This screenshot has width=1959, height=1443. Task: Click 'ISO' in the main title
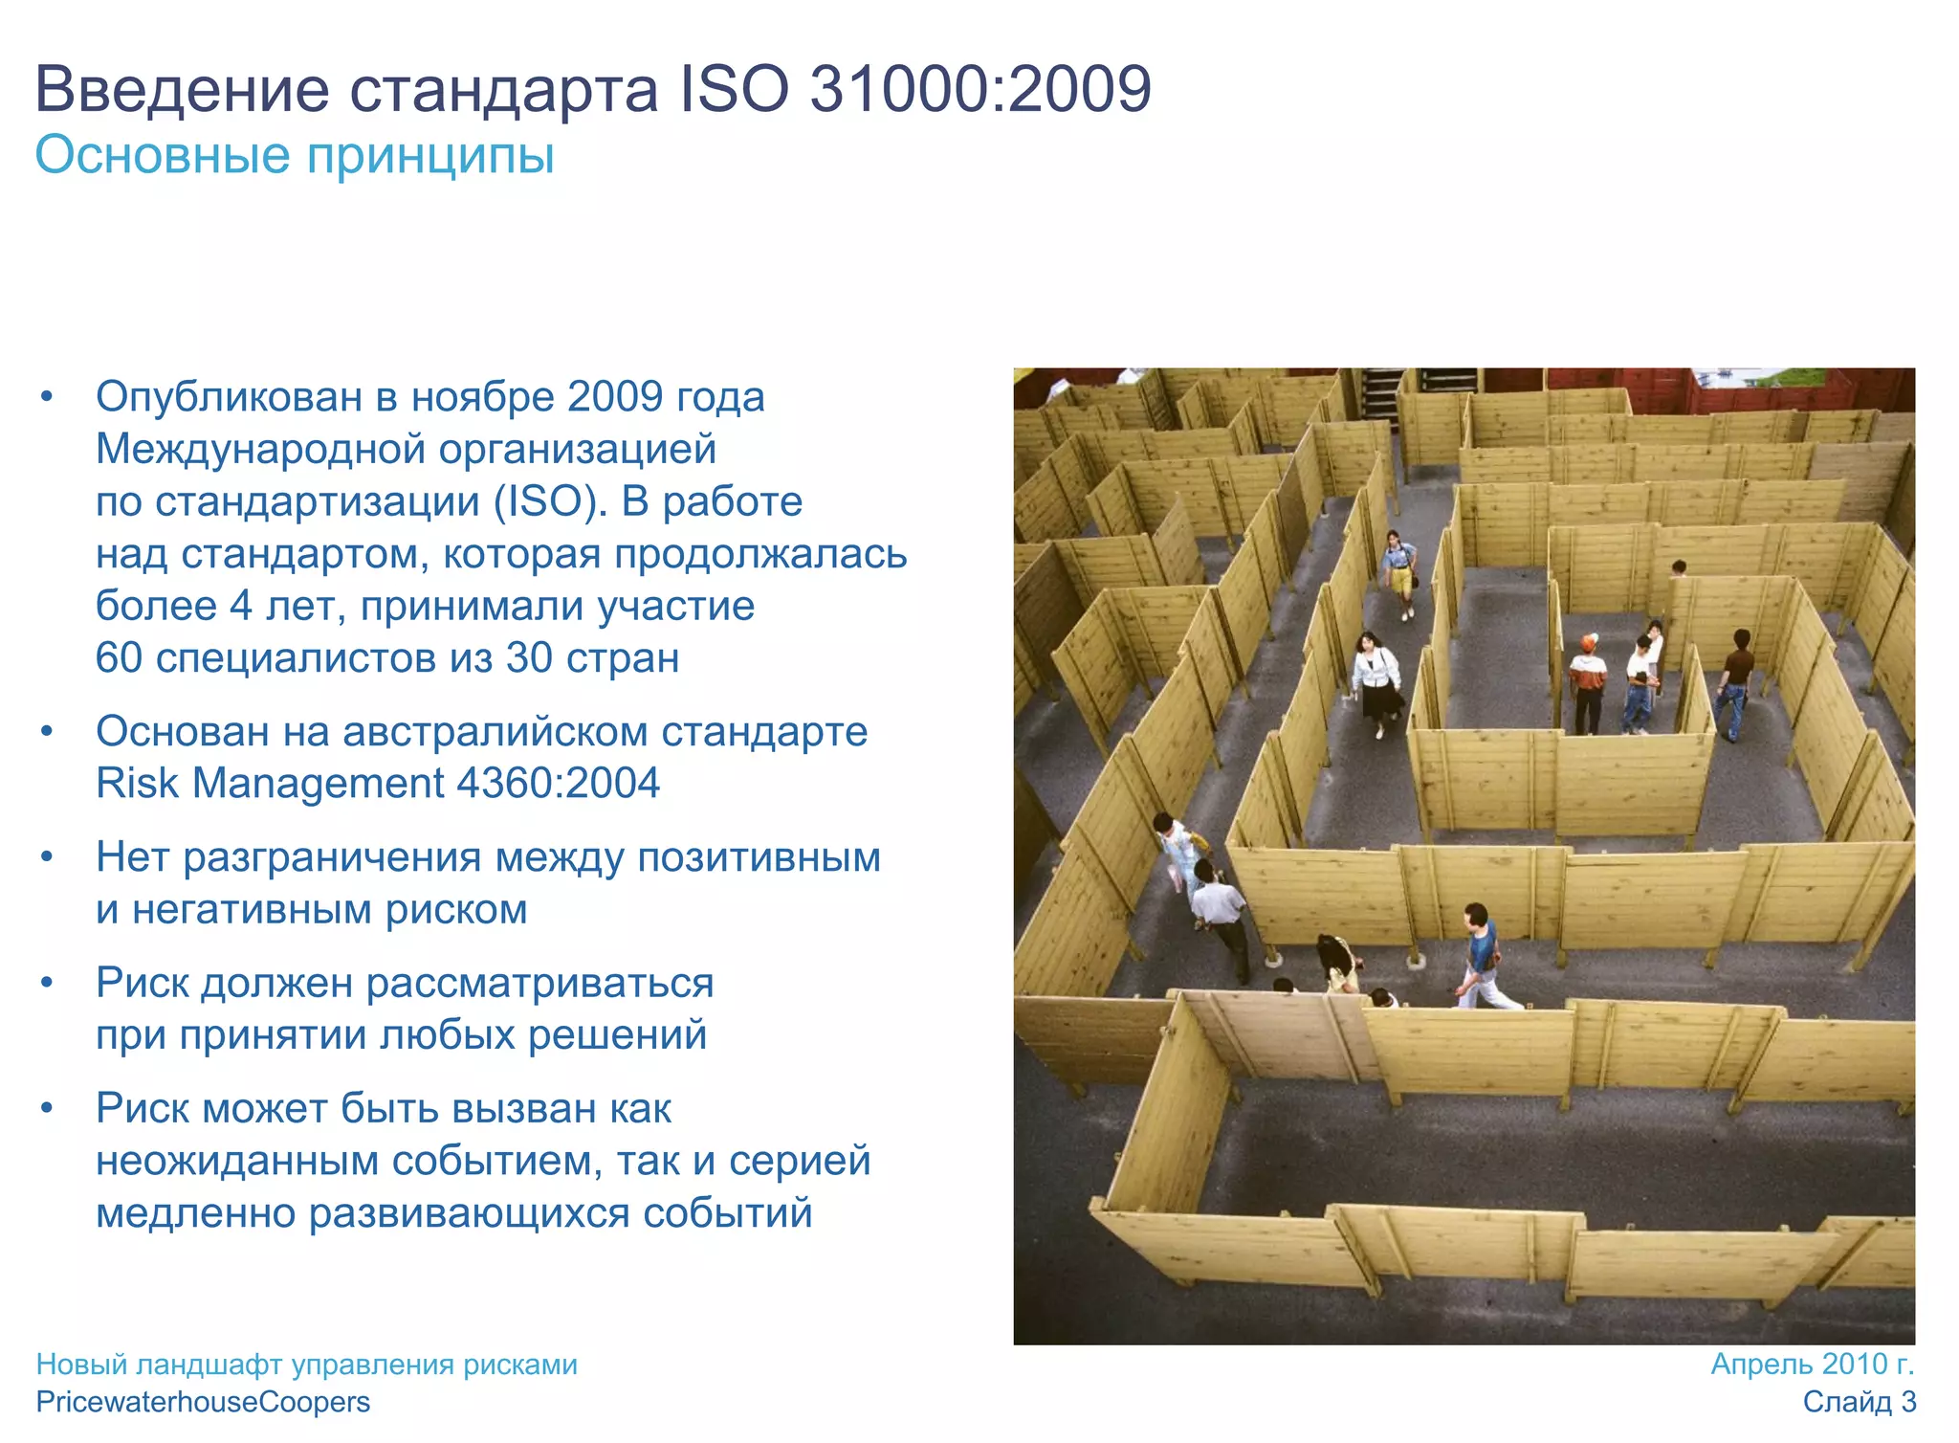click(734, 89)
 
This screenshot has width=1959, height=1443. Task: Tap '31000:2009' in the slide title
click(979, 89)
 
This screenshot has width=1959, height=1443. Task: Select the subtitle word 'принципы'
click(429, 155)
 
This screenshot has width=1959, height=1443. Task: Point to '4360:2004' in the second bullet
click(558, 783)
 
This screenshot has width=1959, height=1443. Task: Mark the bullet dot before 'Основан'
click(47, 732)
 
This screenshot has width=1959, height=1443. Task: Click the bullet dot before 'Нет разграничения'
click(47, 857)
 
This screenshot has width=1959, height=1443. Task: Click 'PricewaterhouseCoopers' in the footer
click(203, 1402)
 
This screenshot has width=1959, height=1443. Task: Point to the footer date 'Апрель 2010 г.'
click(1812, 1364)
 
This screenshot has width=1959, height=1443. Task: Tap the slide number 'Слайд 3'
click(1859, 1402)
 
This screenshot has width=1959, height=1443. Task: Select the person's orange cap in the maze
click(1589, 641)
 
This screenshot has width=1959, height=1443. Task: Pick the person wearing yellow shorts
click(1400, 570)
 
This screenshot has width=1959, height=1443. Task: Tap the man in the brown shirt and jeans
click(1735, 681)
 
